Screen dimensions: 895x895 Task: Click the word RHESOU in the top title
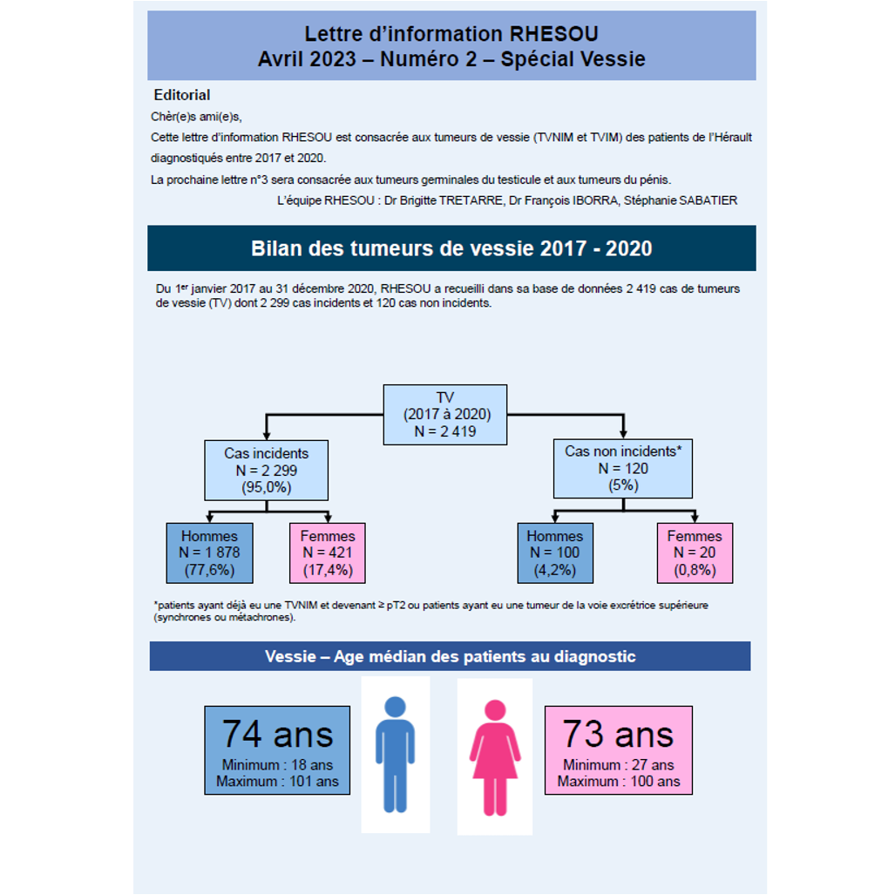[x=553, y=34]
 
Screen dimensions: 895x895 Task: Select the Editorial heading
[x=182, y=95]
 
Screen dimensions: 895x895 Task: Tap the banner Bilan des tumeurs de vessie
[x=451, y=248]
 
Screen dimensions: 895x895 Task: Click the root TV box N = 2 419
[x=445, y=414]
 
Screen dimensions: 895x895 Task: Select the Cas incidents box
[x=266, y=470]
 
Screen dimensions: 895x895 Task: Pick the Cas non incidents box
[x=624, y=468]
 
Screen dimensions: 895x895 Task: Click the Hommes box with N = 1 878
[x=209, y=553]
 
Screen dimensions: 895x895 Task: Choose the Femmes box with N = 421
[x=328, y=553]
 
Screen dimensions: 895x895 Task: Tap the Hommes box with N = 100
[x=555, y=553]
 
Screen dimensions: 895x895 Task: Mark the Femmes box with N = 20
[x=695, y=553]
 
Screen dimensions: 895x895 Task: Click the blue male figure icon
[x=395, y=755]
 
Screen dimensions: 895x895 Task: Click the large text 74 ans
[x=277, y=734]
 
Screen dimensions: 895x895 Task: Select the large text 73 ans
[x=618, y=734]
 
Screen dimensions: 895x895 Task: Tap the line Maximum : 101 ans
[x=277, y=782]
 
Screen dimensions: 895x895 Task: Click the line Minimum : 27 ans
[x=618, y=765]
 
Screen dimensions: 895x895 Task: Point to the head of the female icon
[x=495, y=710]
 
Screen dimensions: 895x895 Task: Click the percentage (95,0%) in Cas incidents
[x=266, y=487]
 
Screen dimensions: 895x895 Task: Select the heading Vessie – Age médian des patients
[x=450, y=656]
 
